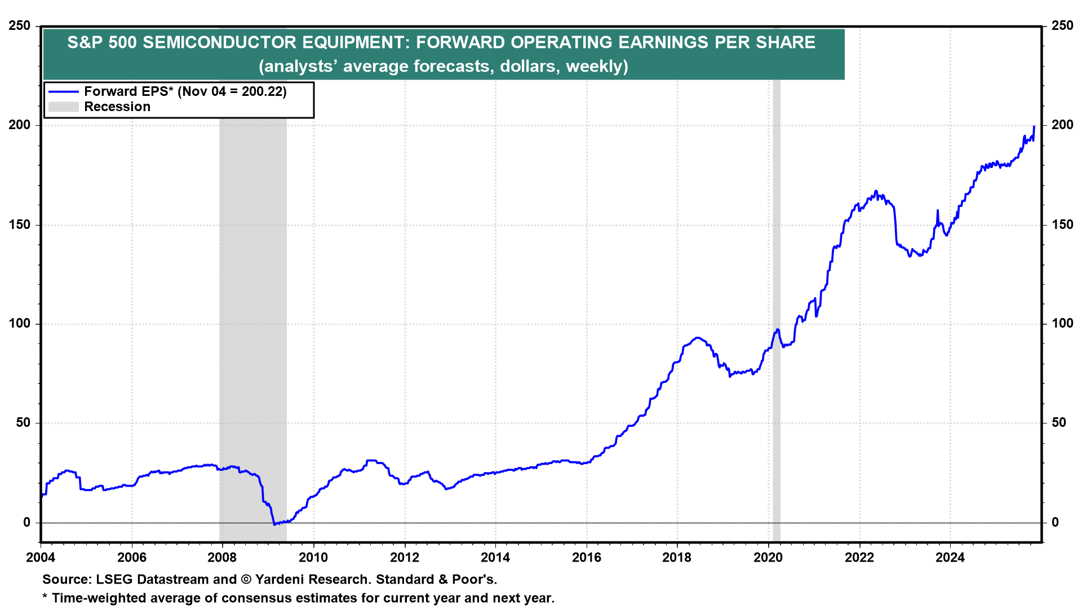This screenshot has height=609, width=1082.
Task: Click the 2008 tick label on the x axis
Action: pyautogui.click(x=222, y=558)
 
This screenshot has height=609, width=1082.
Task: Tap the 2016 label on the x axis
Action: pyautogui.click(x=587, y=558)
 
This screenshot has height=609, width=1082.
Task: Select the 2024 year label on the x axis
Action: pyautogui.click(x=950, y=558)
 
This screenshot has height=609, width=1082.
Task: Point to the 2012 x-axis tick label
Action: pyautogui.click(x=405, y=558)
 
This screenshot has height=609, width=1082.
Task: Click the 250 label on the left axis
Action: pyautogui.click(x=20, y=26)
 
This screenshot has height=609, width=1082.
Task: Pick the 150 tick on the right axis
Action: pyautogui.click(x=1062, y=224)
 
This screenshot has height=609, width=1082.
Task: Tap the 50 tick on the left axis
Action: pyautogui.click(x=23, y=423)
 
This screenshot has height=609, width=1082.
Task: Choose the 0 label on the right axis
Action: pyautogui.click(x=1055, y=522)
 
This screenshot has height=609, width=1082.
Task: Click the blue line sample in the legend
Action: pyautogui.click(x=63, y=91)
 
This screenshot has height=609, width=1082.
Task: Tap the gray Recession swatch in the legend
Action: pyautogui.click(x=63, y=107)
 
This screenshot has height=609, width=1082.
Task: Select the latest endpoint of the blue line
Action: pyautogui.click(x=1034, y=126)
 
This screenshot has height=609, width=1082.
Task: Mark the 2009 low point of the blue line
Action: pyautogui.click(x=274, y=524)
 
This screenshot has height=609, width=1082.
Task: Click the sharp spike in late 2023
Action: pyautogui.click(x=937, y=211)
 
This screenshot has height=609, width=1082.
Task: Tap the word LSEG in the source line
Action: pyautogui.click(x=115, y=579)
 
